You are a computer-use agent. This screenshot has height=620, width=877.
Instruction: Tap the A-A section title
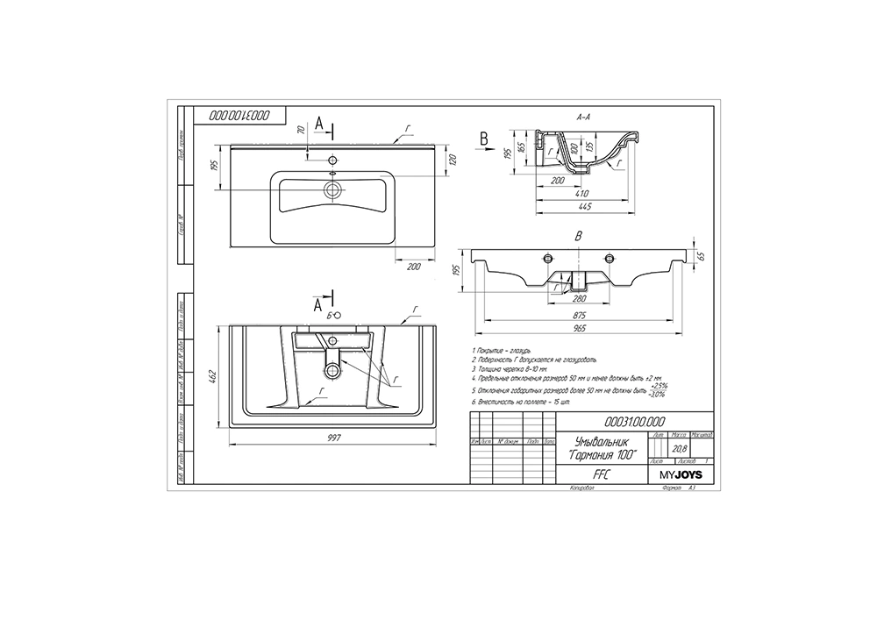tap(583, 116)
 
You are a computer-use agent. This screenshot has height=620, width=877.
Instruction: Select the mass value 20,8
tap(677, 447)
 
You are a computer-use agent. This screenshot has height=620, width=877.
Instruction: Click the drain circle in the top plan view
tap(332, 189)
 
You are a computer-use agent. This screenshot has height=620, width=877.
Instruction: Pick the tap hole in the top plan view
tap(332, 161)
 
